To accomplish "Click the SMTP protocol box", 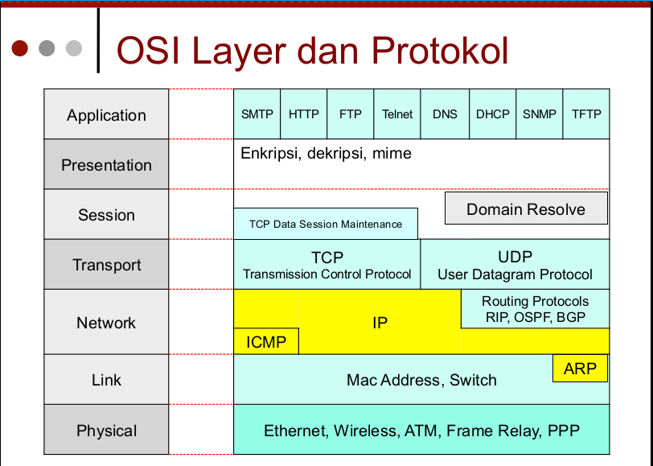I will click(x=257, y=114).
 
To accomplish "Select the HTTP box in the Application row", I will click(x=304, y=114).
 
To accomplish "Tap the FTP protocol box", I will click(x=351, y=114).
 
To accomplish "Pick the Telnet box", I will click(x=397, y=114).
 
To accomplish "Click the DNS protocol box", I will click(x=445, y=114).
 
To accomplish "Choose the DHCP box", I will click(x=492, y=114).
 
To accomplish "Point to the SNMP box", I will click(x=540, y=114).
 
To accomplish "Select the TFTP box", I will click(x=586, y=114).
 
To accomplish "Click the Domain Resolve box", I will click(x=526, y=209).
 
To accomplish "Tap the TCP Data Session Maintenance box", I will click(x=326, y=224).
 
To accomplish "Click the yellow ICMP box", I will click(x=266, y=341).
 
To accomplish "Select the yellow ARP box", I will click(x=580, y=369).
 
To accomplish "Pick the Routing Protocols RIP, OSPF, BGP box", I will click(x=535, y=309).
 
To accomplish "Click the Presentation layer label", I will click(x=106, y=165).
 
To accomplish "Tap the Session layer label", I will click(x=106, y=215).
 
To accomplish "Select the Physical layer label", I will click(x=106, y=431).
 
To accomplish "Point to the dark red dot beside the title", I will click(x=21, y=48).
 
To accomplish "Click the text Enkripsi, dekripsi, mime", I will click(x=326, y=153).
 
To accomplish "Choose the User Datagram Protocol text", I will click(x=515, y=274).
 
